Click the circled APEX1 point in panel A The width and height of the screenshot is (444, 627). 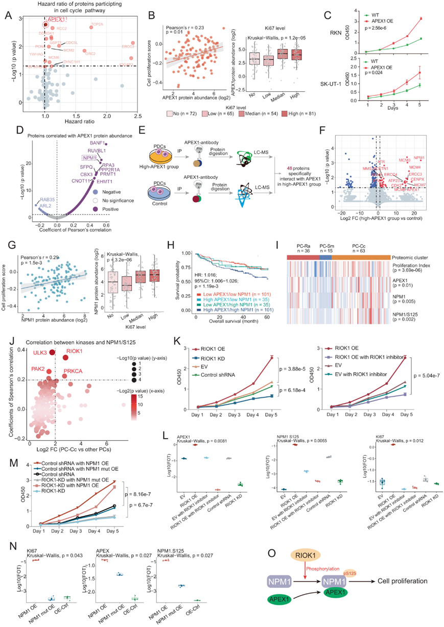point(46,24)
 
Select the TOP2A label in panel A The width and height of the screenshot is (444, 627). point(97,24)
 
